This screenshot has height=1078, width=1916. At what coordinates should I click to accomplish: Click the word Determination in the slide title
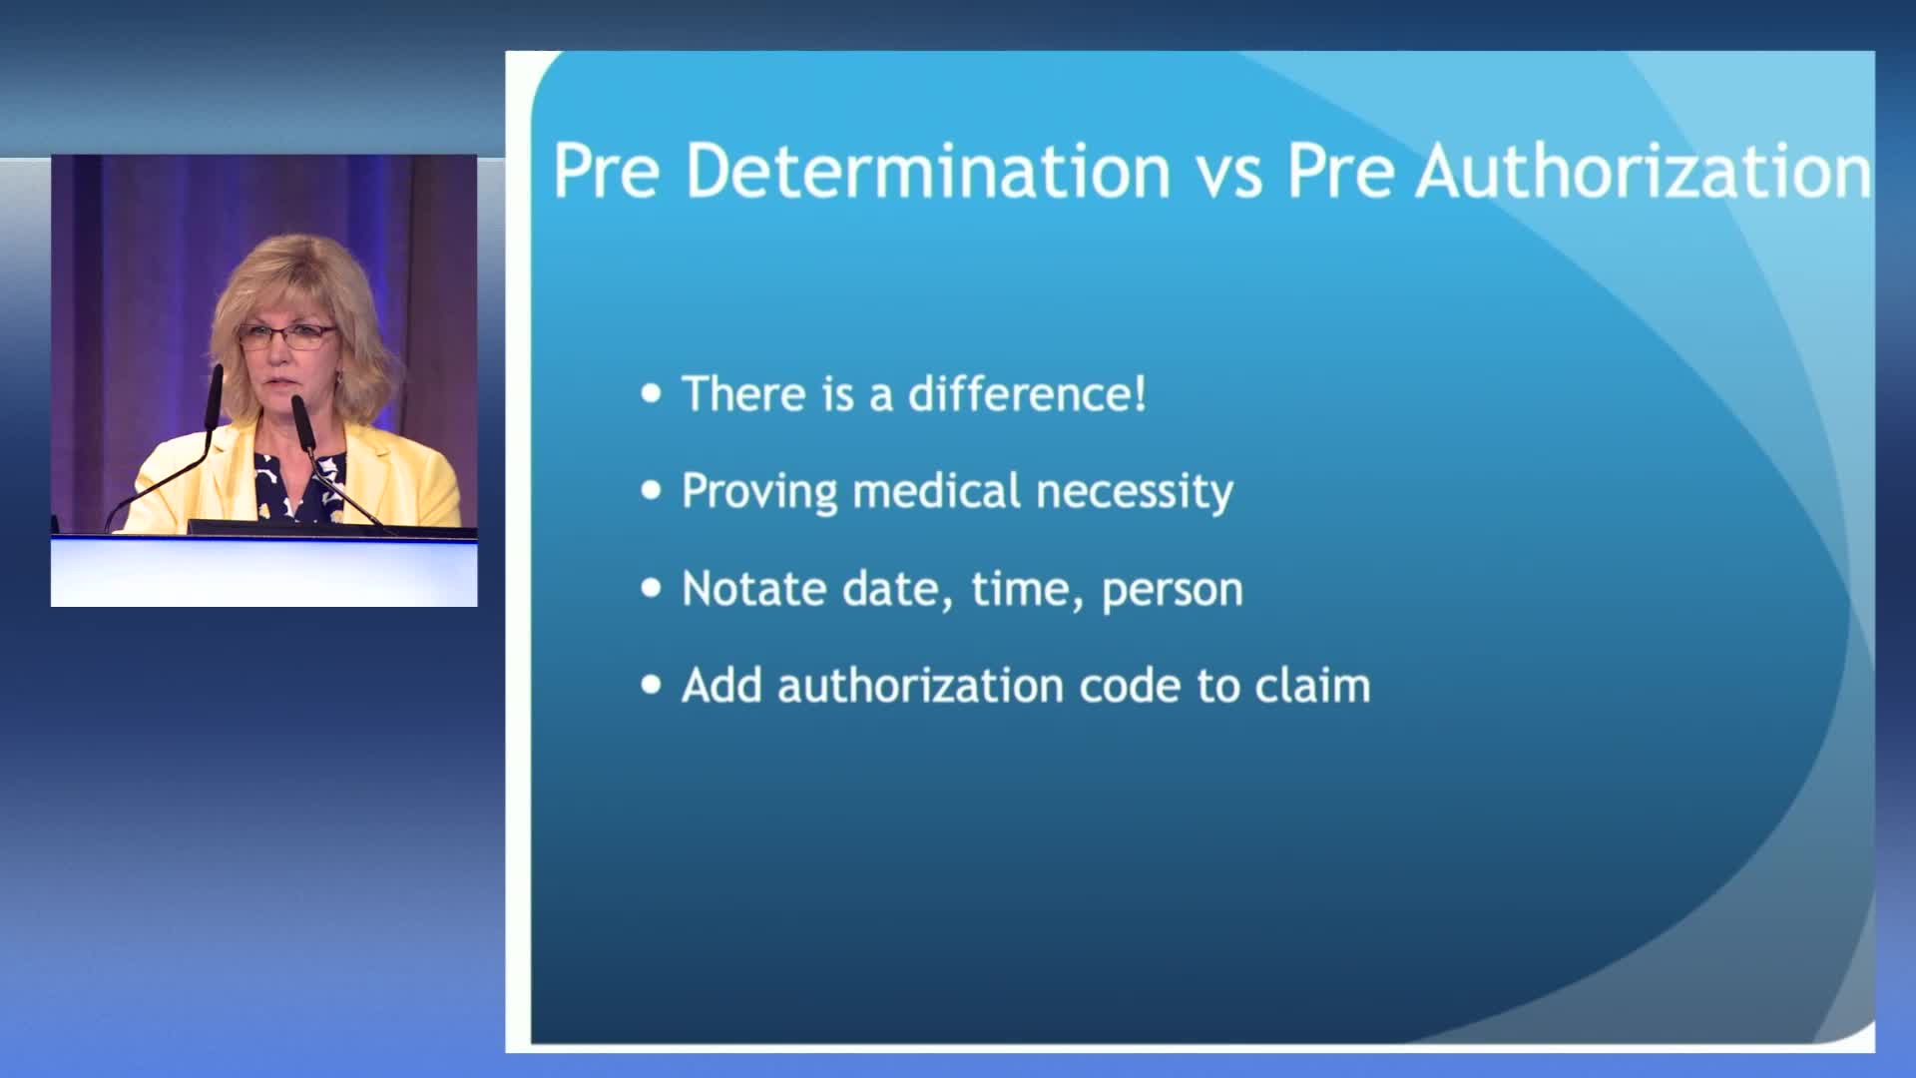[x=928, y=171]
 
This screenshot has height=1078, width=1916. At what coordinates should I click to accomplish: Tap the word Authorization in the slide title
[x=1644, y=171]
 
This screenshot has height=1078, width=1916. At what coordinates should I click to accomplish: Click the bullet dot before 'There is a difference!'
[x=652, y=393]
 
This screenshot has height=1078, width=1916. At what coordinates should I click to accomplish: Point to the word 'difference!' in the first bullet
[x=1027, y=393]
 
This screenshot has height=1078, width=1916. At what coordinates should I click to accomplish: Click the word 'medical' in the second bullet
[x=936, y=490]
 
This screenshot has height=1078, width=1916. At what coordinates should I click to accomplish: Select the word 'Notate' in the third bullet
[x=754, y=588]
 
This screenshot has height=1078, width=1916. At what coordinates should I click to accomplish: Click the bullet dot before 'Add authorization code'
[x=652, y=685]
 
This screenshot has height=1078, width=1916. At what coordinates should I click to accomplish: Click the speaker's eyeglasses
[x=286, y=336]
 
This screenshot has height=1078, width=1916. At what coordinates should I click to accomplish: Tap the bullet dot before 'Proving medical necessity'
[x=652, y=490]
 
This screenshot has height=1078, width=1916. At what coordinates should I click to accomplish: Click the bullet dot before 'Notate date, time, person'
[x=652, y=588]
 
